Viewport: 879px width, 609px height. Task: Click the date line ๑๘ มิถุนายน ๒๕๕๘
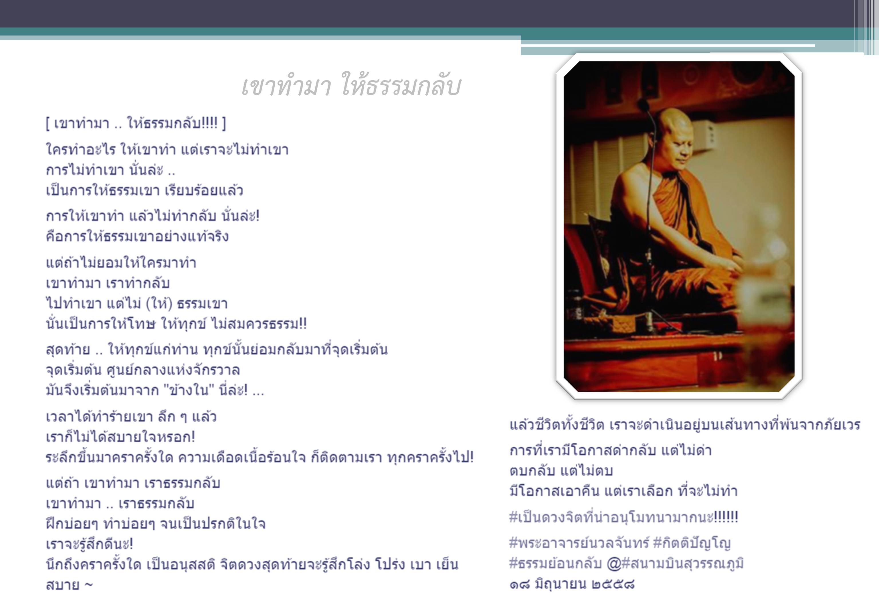click(x=572, y=584)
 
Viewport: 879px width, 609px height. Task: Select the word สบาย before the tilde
click(x=63, y=585)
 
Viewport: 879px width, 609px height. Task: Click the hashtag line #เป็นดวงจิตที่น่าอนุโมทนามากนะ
click(x=623, y=517)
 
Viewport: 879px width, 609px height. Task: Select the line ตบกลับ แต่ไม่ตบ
click(x=561, y=470)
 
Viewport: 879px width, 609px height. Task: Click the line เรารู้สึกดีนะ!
click(x=89, y=544)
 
